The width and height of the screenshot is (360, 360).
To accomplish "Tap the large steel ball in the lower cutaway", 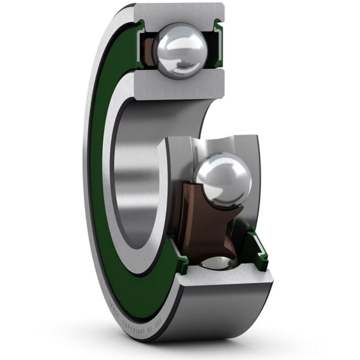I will tap(222, 179).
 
